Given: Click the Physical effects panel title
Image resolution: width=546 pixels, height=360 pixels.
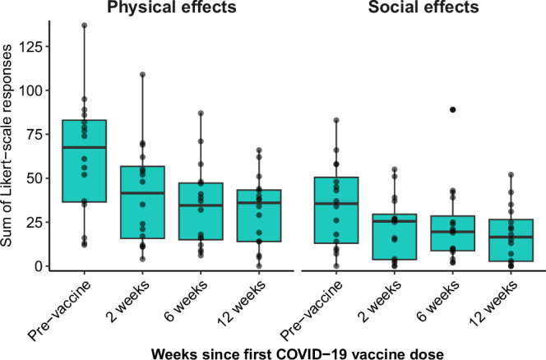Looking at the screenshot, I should click(x=172, y=9).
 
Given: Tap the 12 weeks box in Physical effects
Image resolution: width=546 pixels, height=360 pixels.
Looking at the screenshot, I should click(x=258, y=216).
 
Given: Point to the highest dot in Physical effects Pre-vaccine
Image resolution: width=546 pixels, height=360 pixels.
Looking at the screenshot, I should click(x=84, y=25).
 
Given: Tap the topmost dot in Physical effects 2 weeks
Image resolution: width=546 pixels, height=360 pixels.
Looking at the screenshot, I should click(x=143, y=75).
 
